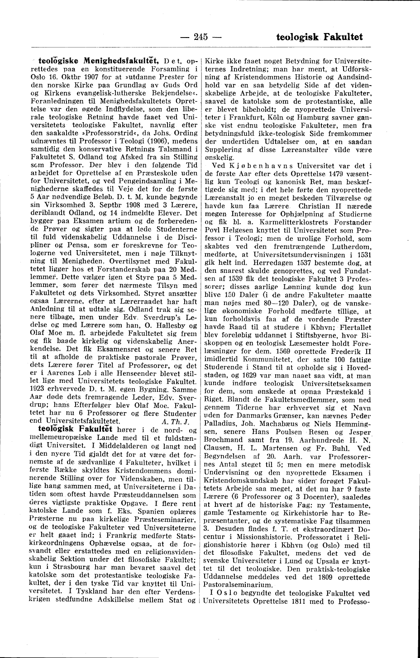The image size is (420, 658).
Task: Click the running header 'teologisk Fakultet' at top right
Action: pyautogui.click(x=319, y=37)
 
